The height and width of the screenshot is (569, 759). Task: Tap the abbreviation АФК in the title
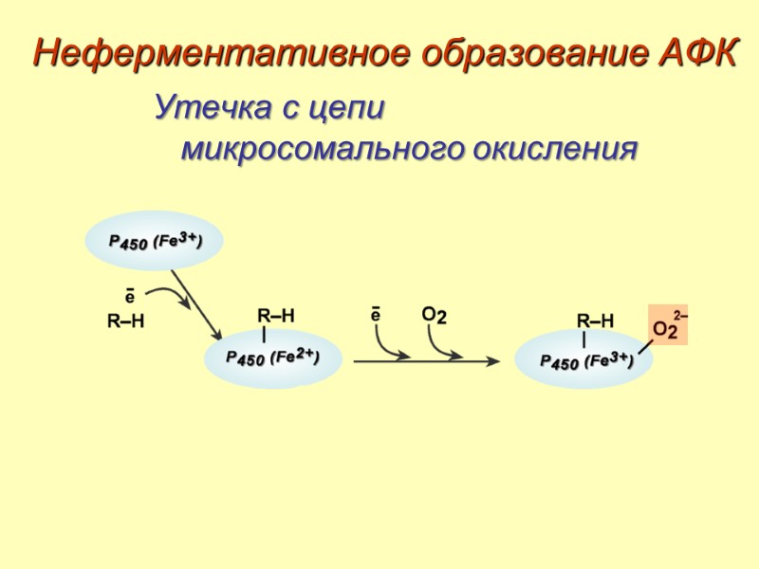696,54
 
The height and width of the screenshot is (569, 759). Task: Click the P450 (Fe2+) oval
272,358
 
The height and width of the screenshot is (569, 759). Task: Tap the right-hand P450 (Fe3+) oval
584,361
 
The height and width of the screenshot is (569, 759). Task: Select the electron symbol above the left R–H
129,296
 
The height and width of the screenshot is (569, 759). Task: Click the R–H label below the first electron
125,322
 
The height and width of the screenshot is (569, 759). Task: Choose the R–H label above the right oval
596,321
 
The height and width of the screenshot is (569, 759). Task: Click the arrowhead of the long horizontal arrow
494,360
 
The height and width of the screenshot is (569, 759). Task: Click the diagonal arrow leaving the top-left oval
196,305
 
